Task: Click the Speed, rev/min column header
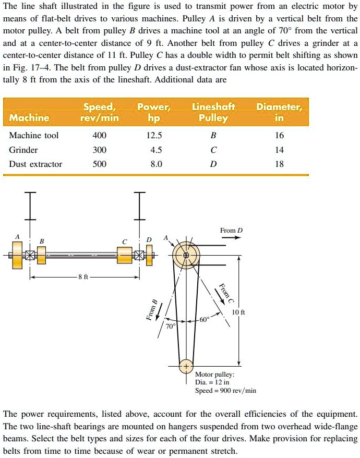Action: (x=99, y=112)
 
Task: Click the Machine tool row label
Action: (x=34, y=136)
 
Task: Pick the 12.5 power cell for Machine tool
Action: (x=155, y=136)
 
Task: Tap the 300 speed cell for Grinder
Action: (x=99, y=150)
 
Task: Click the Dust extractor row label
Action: (x=35, y=164)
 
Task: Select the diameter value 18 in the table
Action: (x=279, y=164)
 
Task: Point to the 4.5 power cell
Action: (x=155, y=150)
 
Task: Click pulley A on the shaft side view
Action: (x=18, y=256)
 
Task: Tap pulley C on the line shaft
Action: (x=125, y=256)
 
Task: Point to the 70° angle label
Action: (x=170, y=327)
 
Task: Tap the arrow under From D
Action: (x=231, y=238)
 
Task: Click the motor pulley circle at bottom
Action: (x=186, y=366)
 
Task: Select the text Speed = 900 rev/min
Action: (x=225, y=390)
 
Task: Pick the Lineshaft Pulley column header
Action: (x=214, y=112)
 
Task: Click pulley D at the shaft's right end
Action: (x=150, y=256)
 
